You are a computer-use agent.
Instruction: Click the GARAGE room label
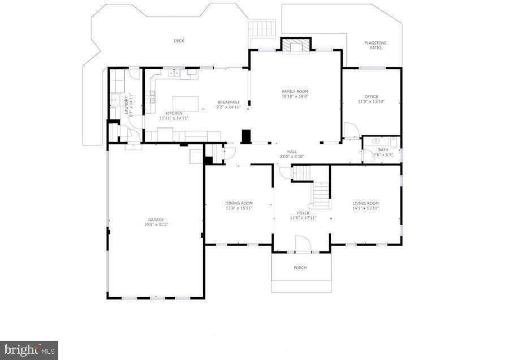point(156,220)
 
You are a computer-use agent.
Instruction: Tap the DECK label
point(179,41)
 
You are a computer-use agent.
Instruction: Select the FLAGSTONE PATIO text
point(376,45)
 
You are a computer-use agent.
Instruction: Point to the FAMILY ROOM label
point(295,91)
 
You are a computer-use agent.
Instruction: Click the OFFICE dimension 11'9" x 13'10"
point(371,102)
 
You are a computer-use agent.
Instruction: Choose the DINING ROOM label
point(239,203)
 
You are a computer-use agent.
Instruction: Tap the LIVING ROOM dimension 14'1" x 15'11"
point(365,208)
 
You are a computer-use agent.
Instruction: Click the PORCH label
point(300,268)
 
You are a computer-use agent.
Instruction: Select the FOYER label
point(303,213)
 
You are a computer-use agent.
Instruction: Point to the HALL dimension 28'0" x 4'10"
point(292,156)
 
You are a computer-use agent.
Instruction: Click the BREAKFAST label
point(229,102)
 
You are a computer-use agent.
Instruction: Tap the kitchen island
point(189,103)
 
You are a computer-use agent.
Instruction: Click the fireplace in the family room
point(296,46)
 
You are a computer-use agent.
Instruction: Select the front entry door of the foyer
point(303,244)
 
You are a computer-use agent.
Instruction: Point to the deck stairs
point(263,28)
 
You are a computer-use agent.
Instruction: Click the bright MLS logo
point(29,350)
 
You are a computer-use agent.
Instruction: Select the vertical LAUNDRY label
point(126,104)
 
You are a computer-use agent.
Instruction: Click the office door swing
point(351,131)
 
